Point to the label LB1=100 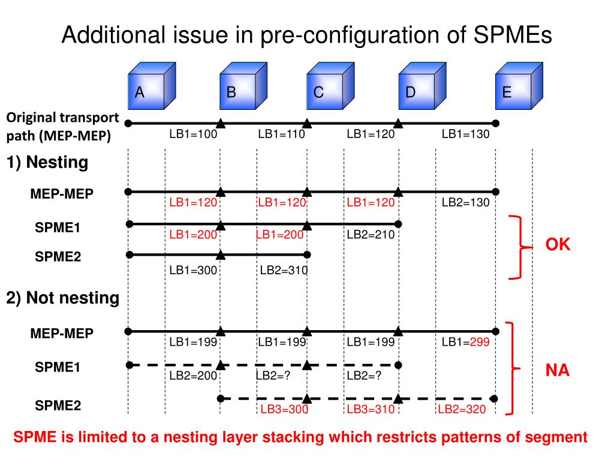tap(192, 134)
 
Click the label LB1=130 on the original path tap(465, 134)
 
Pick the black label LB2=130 tap(465, 203)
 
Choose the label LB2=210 tap(371, 235)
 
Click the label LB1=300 tap(192, 271)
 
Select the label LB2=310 tap(284, 271)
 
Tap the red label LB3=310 tap(371, 410)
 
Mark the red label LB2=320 tap(461, 410)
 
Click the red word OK tap(558, 246)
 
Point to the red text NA tap(557, 371)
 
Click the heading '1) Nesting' tap(47, 162)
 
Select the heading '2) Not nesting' tap(63, 298)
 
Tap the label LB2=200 tap(192, 375)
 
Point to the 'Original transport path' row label tap(63, 127)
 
